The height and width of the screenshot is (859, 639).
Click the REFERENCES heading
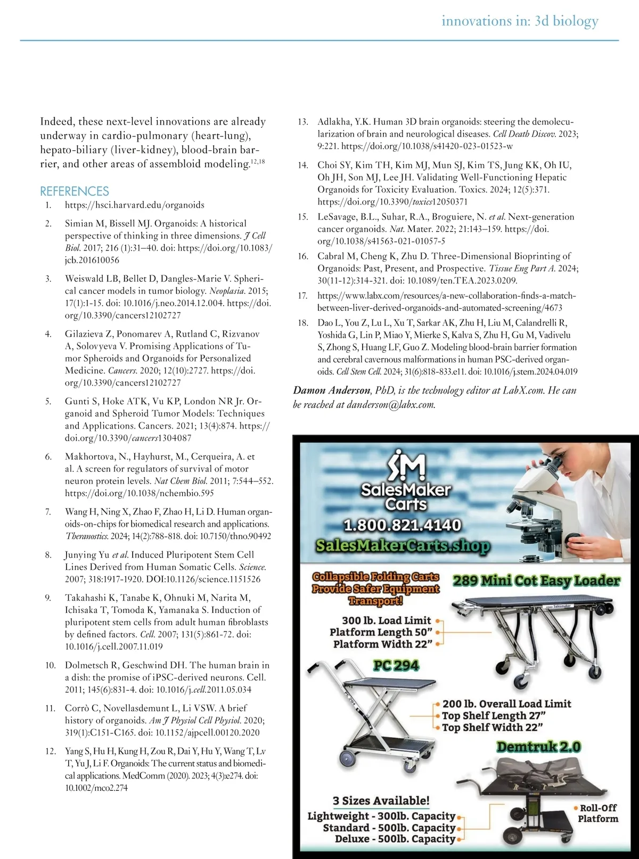[75, 191]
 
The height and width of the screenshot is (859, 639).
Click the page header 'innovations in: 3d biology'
[520, 21]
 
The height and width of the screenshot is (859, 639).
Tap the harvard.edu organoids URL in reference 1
[135, 205]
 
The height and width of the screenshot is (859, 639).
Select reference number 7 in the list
[48, 512]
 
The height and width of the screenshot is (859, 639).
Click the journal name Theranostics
[87, 536]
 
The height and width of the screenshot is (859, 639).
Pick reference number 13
[303, 122]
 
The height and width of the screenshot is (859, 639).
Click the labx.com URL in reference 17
[446, 301]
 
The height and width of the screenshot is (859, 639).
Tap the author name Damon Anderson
[331, 390]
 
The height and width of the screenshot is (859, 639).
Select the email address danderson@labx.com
[390, 405]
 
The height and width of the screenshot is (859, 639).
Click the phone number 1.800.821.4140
[403, 525]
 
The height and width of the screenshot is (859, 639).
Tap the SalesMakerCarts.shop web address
[403, 545]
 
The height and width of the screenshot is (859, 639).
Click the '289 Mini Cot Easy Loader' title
[536, 580]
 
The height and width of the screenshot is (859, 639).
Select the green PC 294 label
[396, 665]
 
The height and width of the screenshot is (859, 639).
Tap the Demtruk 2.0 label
[538, 747]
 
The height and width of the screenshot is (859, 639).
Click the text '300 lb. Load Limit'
[386, 620]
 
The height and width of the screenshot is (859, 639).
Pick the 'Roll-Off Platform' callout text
[598, 813]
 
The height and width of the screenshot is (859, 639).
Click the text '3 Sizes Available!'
[381, 800]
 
